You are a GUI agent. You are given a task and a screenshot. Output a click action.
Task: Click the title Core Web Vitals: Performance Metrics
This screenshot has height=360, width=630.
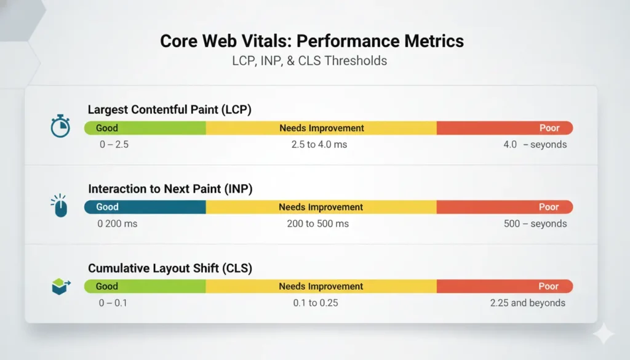pyautogui.click(x=312, y=41)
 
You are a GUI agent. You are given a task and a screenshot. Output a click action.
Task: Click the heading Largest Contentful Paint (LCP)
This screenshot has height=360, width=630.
pyautogui.click(x=170, y=110)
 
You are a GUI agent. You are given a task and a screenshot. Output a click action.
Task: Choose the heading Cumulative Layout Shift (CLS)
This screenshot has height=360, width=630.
pyautogui.click(x=170, y=268)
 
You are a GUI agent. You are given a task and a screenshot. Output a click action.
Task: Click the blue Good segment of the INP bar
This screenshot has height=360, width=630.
pyautogui.click(x=145, y=207)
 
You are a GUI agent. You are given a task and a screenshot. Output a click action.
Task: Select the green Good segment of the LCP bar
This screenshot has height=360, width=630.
pyautogui.click(x=145, y=128)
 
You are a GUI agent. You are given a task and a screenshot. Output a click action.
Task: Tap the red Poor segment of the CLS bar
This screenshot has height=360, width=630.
pyautogui.click(x=504, y=286)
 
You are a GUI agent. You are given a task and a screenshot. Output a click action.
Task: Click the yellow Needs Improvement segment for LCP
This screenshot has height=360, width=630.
pyautogui.click(x=321, y=128)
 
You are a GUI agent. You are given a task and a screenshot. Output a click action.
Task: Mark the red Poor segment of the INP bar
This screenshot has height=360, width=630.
pyautogui.click(x=504, y=207)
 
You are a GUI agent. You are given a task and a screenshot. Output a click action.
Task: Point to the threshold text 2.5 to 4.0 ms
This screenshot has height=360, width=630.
pyautogui.click(x=320, y=145)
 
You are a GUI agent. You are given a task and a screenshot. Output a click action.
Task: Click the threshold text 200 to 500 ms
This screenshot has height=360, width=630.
pyautogui.click(x=317, y=223)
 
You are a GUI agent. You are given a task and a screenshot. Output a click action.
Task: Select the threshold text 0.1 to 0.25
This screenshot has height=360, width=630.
pyautogui.click(x=316, y=303)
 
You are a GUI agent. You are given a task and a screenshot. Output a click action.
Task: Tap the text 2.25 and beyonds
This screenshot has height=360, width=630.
pyautogui.click(x=527, y=303)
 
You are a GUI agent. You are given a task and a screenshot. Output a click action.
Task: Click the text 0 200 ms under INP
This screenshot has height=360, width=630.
pyautogui.click(x=118, y=223)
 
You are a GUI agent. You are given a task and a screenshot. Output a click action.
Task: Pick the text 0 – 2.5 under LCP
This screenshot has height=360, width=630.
pyautogui.click(x=113, y=145)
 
